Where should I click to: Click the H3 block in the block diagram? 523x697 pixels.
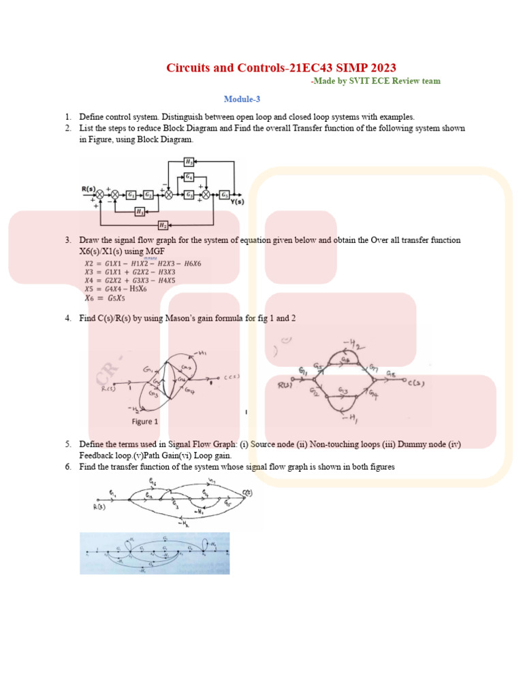pos(189,162)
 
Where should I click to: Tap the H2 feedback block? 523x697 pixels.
pos(163,225)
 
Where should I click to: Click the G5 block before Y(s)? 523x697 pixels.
pos(224,194)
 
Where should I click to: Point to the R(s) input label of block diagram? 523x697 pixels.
pos(89,187)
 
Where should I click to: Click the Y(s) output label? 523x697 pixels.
pos(238,202)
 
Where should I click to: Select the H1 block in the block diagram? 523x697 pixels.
pos(140,211)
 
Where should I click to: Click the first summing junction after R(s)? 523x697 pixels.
pos(100,194)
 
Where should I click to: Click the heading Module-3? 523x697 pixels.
pos(242,99)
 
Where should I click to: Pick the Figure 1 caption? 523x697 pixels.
pos(145,421)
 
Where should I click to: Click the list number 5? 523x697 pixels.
pos(68,444)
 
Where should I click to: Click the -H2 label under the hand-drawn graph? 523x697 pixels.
pos(183,523)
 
